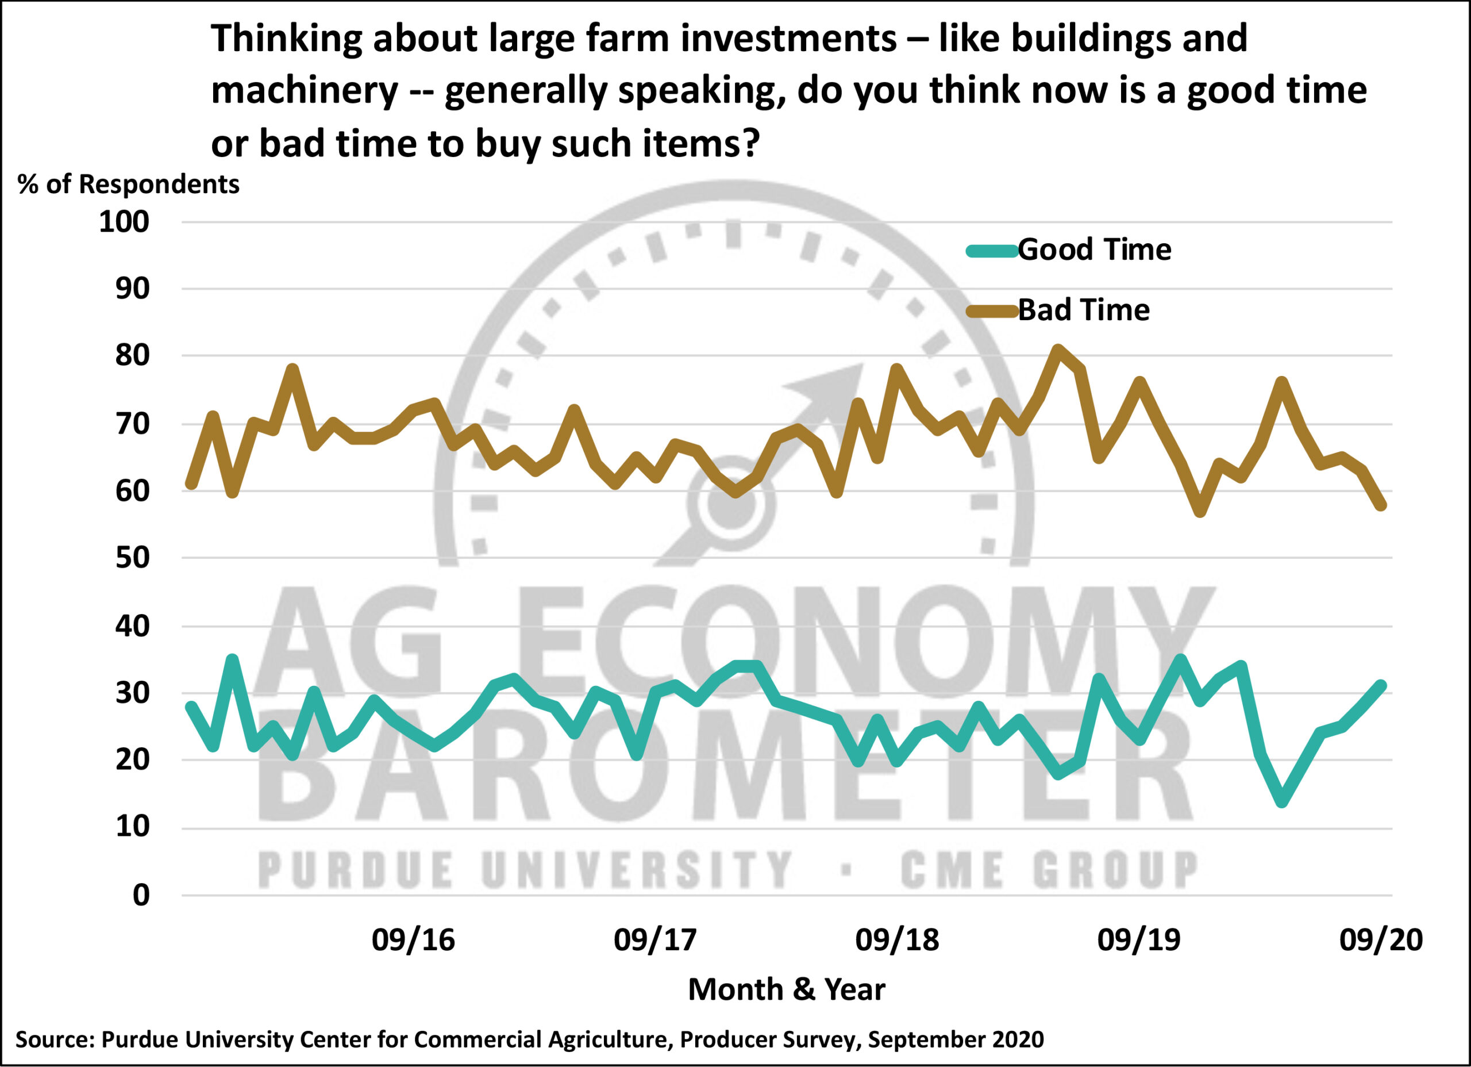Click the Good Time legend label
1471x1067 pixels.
click(1094, 250)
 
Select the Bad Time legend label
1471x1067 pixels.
click(1084, 310)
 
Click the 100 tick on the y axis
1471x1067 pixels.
click(124, 222)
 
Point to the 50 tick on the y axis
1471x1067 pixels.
click(132, 558)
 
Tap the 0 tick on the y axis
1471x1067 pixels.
click(141, 896)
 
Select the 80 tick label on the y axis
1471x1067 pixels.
click(132, 356)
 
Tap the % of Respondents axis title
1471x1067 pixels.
click(128, 185)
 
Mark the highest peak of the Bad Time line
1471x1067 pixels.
click(1058, 351)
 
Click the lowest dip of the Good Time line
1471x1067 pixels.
click(1281, 802)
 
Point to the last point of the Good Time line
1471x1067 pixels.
click(1380, 686)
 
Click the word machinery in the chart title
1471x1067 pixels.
click(304, 90)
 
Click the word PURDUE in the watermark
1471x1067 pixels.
click(356, 870)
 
